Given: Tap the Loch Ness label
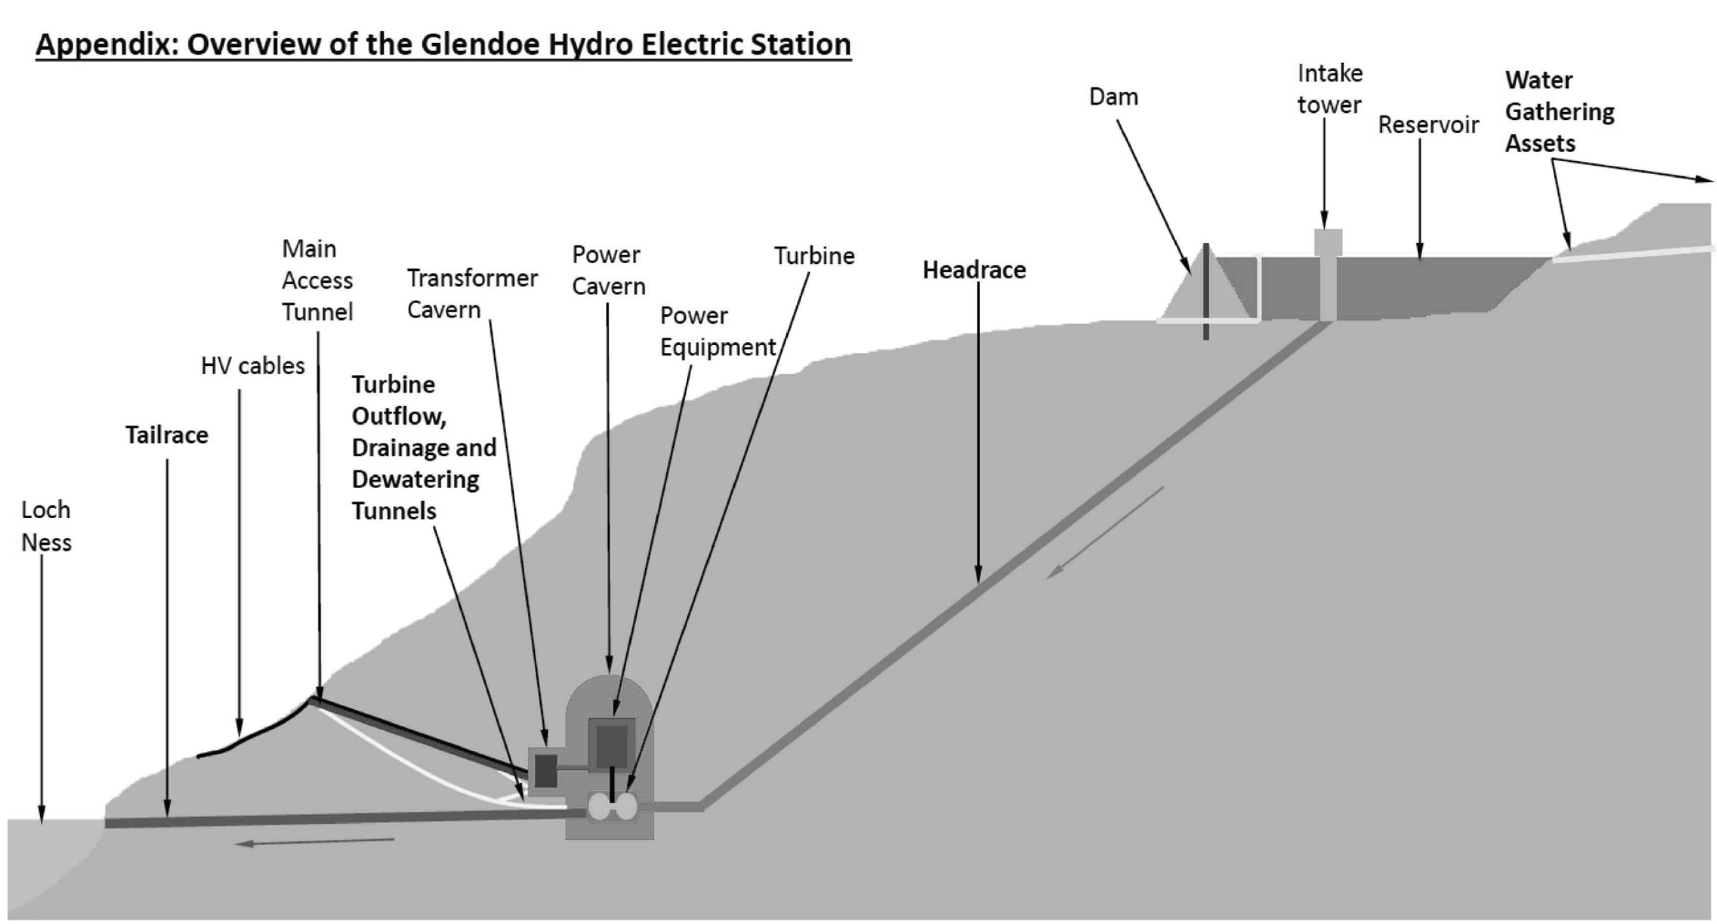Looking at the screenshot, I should (x=45, y=526).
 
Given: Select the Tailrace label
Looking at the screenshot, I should (x=167, y=435).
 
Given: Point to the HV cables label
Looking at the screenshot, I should (x=252, y=366).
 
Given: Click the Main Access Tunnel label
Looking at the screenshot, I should (x=316, y=280).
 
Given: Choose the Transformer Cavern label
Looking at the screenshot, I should (x=471, y=293).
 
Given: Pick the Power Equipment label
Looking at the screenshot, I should (x=717, y=331).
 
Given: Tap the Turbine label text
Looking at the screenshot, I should (x=813, y=256).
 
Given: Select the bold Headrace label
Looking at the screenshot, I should (x=974, y=269).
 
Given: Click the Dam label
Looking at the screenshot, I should (x=1113, y=96).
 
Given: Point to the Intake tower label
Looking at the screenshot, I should (x=1328, y=88).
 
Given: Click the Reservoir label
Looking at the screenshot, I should (x=1428, y=125).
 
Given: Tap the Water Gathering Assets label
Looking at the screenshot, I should (x=1558, y=112).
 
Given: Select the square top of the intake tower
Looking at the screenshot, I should (x=1328, y=242).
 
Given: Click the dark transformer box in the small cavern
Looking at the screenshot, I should (x=545, y=770).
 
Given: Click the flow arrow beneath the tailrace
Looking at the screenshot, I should (x=314, y=842).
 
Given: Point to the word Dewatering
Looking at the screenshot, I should (x=415, y=479).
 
